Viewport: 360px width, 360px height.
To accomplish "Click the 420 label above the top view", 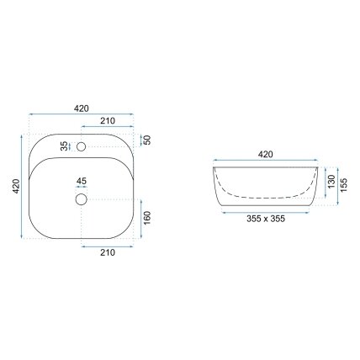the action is tap(82, 109).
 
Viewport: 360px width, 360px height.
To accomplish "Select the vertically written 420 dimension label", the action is tap(16, 186).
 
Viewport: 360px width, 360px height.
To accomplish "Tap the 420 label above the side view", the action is tap(265, 154).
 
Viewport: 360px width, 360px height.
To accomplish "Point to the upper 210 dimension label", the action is tap(108, 121).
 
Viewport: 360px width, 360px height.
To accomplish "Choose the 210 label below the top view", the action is tap(108, 252).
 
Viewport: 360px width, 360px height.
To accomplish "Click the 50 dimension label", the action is tap(147, 140).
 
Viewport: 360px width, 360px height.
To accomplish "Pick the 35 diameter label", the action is tap(65, 146).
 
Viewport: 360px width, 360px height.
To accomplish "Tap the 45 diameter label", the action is tap(82, 181).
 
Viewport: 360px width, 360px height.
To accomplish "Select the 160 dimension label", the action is tap(147, 218).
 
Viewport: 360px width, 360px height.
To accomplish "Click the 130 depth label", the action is tap(331, 182).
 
